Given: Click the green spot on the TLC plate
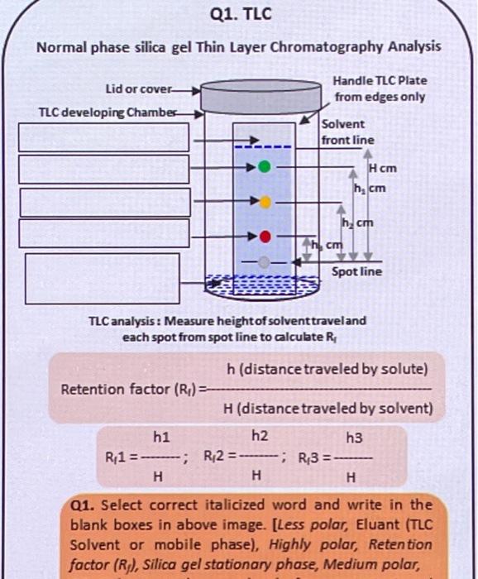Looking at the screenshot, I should click(264, 166).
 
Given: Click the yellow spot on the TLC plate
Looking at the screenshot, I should click(265, 201).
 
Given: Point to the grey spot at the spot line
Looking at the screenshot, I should click(264, 263).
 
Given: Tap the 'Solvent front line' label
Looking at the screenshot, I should click(347, 132).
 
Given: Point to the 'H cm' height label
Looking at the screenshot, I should click(383, 168).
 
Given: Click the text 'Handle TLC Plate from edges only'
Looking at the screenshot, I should click(380, 89).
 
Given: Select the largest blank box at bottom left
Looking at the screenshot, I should click(102, 279).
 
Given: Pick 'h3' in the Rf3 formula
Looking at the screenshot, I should click(354, 436).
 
